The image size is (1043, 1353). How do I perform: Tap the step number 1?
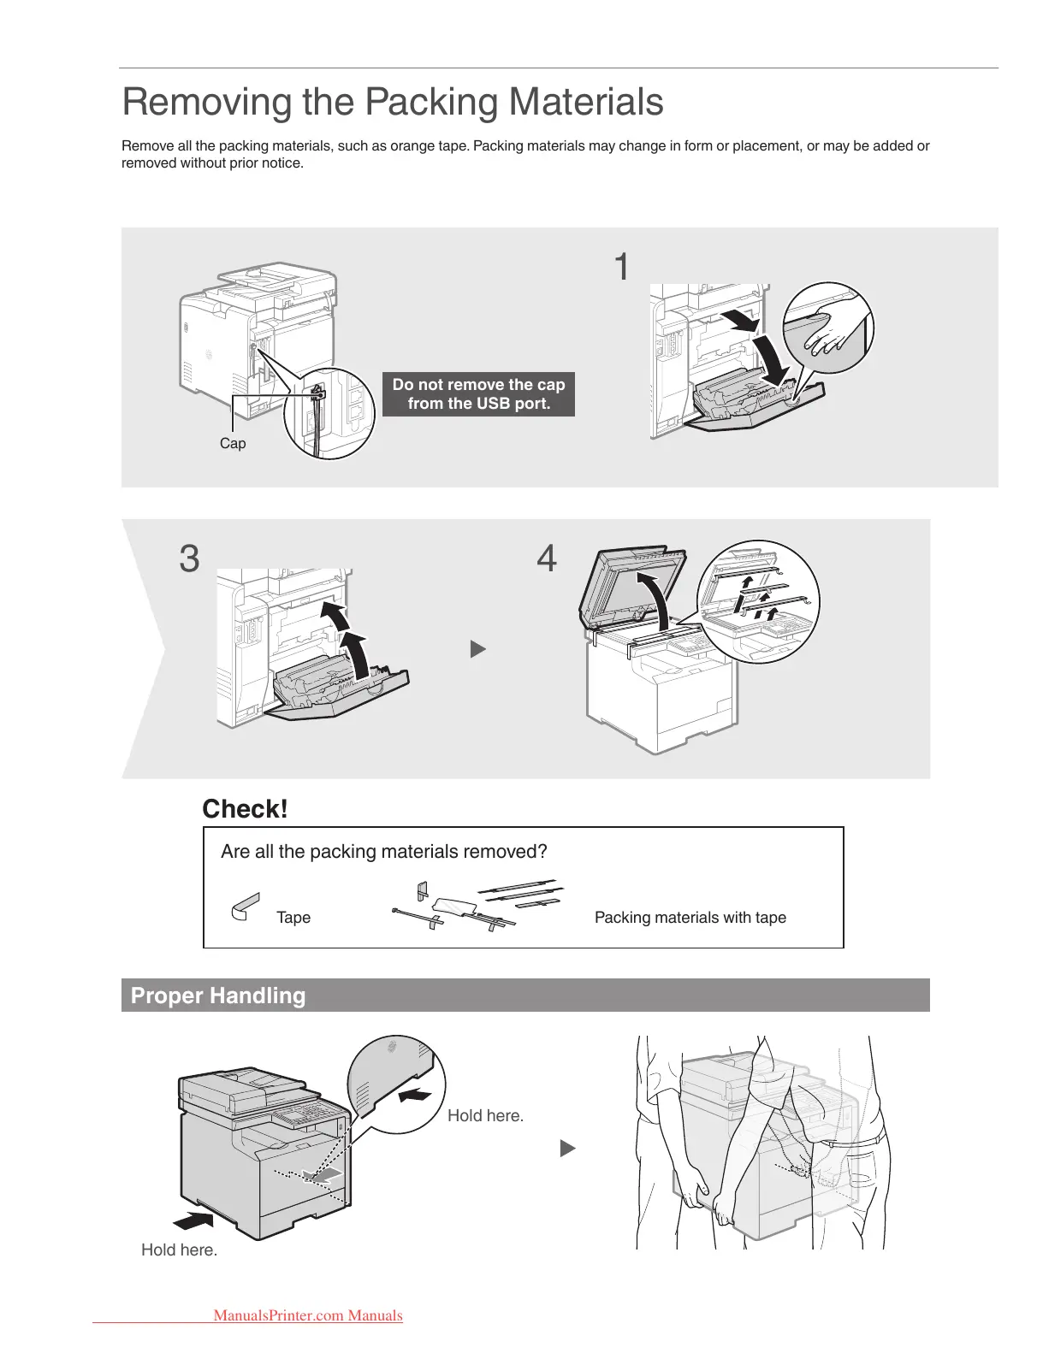[622, 267]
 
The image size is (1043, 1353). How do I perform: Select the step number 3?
[189, 559]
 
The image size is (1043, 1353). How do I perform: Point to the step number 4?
[547, 559]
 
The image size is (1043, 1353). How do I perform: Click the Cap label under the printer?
[233, 443]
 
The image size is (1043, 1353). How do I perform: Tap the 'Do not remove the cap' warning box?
[478, 394]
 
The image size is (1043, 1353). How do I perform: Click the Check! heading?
[245, 809]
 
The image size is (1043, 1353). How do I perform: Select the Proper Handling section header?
[218, 996]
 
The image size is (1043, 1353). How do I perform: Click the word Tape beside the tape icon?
[293, 918]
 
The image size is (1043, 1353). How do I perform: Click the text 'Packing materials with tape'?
[690, 918]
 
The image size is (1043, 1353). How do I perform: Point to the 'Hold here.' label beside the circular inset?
[485, 1115]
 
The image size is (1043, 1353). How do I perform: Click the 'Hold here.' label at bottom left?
[179, 1250]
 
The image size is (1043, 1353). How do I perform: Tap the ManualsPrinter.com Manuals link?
[308, 1315]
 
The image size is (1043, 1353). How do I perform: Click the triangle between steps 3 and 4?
[478, 650]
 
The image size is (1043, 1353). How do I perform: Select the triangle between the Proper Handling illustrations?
[567, 1149]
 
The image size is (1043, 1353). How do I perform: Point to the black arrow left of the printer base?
[193, 1218]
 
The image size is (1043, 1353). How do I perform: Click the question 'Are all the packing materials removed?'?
[383, 852]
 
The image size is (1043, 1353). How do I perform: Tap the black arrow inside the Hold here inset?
[418, 1096]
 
